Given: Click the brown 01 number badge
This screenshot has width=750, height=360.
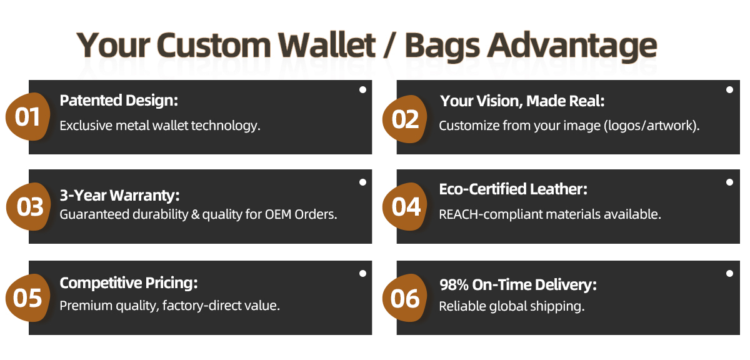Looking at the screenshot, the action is [27, 116].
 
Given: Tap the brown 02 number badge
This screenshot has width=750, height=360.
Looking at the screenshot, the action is [405, 119].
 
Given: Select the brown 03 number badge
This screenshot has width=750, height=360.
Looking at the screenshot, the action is [28, 206].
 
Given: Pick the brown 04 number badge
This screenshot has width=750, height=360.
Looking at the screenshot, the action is [405, 206].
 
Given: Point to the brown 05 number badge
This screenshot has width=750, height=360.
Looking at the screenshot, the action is [27, 297].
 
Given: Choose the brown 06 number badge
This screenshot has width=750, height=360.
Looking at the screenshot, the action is [405, 297].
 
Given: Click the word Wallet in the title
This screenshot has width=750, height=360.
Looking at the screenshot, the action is [327, 45].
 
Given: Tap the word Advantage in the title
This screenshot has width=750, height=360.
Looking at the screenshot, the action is [572, 46].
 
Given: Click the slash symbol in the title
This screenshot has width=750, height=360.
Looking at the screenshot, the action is [390, 45].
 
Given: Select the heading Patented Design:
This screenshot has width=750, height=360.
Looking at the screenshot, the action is [119, 101].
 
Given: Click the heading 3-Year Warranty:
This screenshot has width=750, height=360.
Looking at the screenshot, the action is [119, 195].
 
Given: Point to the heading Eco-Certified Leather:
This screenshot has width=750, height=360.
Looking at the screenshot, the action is [513, 189].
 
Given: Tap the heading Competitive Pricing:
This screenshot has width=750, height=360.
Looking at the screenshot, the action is [129, 283].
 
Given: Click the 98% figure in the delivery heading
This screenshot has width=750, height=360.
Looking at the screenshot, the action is [454, 285].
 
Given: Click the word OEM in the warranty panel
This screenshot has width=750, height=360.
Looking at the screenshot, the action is [278, 214].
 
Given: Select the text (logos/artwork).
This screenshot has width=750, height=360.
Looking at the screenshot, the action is [651, 126].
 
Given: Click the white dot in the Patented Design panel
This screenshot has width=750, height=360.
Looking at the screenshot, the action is [362, 90].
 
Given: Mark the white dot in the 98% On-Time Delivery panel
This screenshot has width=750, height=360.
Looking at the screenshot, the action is [729, 274].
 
